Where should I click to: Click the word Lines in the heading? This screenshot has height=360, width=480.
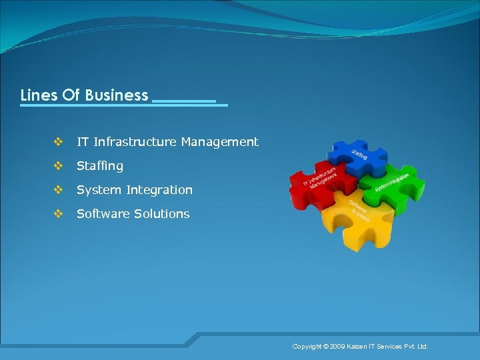[39, 95]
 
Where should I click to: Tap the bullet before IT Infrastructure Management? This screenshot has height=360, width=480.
[58, 142]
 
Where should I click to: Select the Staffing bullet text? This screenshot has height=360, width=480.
[100, 166]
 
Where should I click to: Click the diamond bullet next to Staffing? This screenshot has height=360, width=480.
[58, 166]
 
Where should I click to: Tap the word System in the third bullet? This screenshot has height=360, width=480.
[97, 190]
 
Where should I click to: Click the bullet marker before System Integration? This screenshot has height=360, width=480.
[58, 190]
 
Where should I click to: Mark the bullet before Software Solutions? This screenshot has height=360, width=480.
[58, 214]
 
